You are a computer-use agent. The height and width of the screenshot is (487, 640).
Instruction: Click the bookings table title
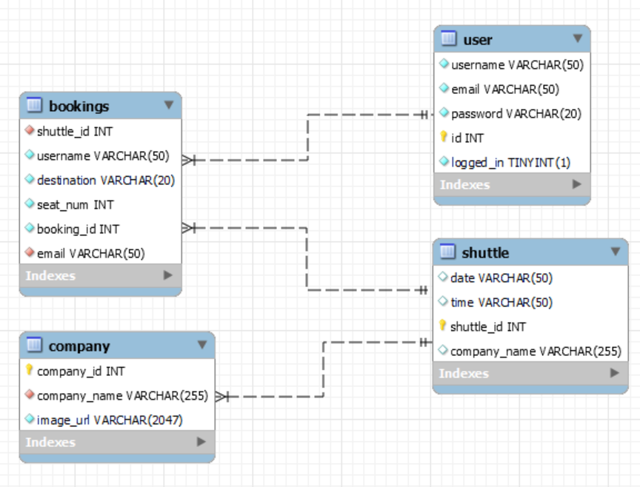click(79, 106)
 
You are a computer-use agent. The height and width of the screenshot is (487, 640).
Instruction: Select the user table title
click(478, 40)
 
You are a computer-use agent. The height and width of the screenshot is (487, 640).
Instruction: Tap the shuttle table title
click(485, 253)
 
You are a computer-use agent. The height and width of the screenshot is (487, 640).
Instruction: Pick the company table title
click(79, 346)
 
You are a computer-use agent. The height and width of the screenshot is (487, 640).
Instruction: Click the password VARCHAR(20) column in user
click(516, 114)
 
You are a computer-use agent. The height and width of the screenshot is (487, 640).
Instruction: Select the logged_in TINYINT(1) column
click(510, 163)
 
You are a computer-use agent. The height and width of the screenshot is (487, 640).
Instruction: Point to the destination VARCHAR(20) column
click(106, 181)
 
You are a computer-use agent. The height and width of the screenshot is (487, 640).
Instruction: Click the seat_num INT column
click(75, 205)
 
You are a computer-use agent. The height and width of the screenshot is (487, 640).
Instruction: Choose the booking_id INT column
click(78, 229)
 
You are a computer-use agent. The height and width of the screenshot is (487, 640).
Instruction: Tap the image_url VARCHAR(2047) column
click(110, 420)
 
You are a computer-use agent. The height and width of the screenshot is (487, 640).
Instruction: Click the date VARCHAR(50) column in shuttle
click(501, 278)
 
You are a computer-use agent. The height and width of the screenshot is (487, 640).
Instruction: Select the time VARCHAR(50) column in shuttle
click(501, 303)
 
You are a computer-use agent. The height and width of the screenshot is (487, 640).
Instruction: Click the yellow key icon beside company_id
click(29, 369)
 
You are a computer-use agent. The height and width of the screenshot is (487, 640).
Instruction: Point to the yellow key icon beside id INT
click(444, 136)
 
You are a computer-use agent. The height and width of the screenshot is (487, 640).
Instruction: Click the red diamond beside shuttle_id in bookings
click(30, 130)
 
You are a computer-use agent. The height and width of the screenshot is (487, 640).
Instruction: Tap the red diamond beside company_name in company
click(30, 394)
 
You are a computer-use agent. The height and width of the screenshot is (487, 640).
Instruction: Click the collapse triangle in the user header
click(578, 38)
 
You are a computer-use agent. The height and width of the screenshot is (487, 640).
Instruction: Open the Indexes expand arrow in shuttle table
click(614, 373)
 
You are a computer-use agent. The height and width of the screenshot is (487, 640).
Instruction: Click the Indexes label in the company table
click(50, 442)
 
